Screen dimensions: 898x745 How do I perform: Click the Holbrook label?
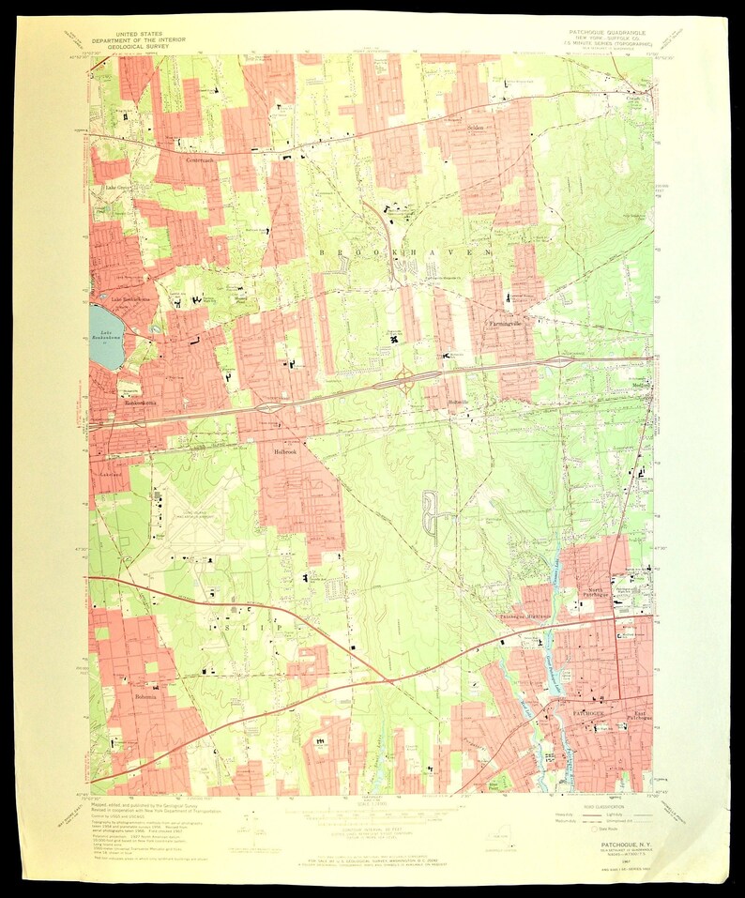coord(284,451)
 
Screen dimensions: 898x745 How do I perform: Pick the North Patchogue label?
coord(595,593)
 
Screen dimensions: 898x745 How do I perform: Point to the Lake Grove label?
coord(118,188)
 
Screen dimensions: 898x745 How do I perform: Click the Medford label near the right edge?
coord(641,385)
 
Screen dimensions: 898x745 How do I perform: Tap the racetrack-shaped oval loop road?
coord(433,512)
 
